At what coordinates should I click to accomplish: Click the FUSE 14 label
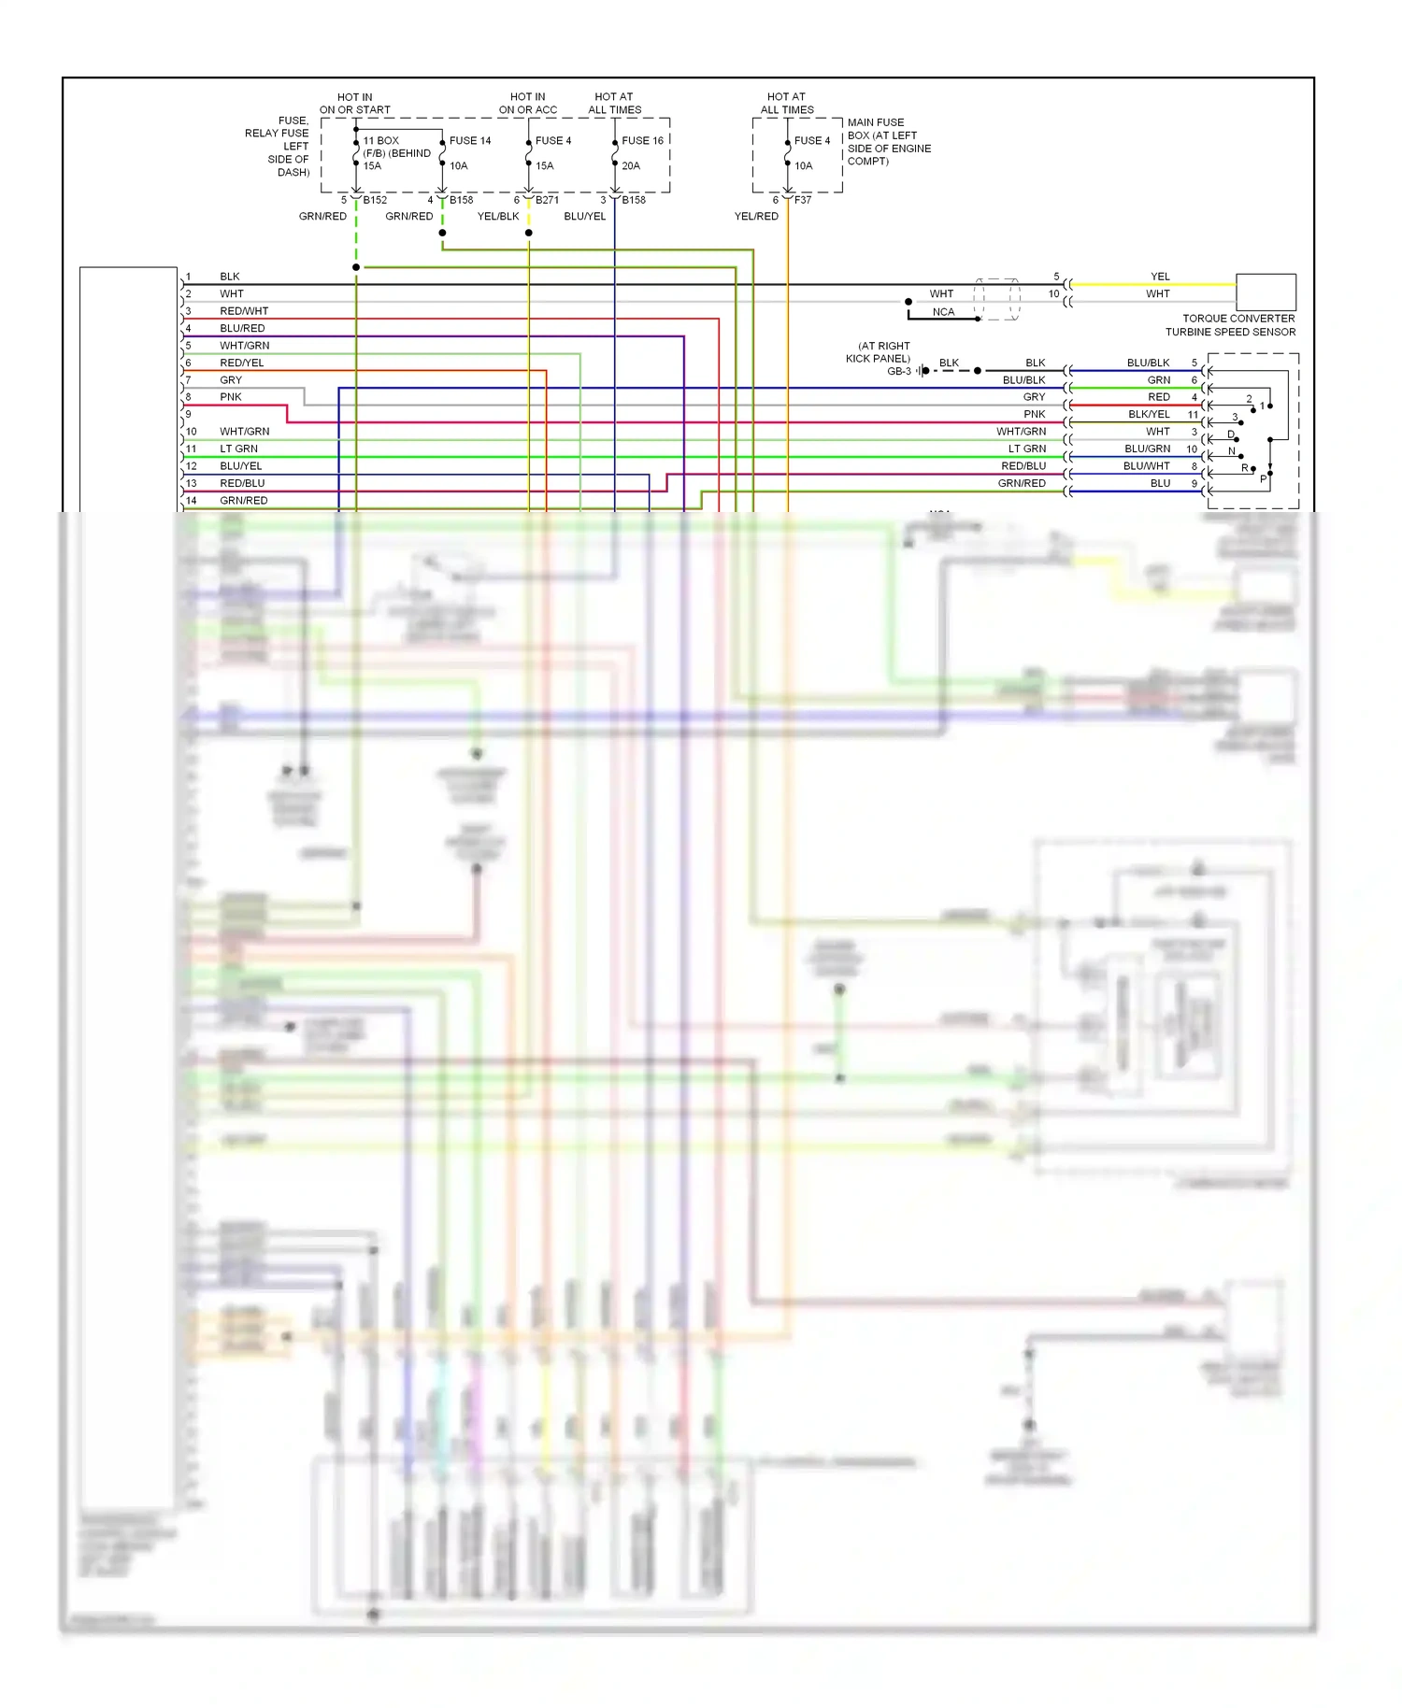click(469, 141)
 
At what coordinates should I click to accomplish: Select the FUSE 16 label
click(642, 141)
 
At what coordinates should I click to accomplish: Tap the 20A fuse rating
click(631, 166)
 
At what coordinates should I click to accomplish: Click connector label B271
click(547, 200)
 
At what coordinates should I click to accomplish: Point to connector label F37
click(803, 200)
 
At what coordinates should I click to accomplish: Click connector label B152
click(375, 200)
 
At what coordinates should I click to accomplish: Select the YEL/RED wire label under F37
click(756, 217)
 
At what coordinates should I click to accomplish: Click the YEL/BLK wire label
click(498, 217)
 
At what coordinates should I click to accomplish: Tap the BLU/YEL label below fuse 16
click(585, 217)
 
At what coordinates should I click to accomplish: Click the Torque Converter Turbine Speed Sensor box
click(1266, 292)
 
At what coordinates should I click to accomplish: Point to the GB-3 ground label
click(898, 372)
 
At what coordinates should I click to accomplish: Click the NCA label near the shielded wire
click(943, 312)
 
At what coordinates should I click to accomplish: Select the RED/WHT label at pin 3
click(244, 311)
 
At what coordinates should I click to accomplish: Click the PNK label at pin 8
click(231, 397)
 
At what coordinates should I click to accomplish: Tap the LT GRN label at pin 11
click(239, 449)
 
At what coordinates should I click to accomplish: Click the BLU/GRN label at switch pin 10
click(1147, 449)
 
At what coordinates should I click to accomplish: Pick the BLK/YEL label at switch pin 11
click(1149, 415)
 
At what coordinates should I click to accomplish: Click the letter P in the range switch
click(1263, 479)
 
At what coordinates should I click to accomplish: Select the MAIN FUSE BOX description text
click(889, 142)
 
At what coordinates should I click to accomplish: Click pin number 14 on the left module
click(192, 501)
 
